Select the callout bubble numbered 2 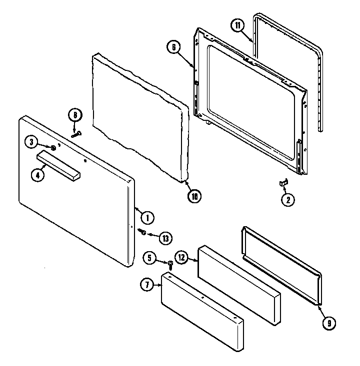(x=287, y=200)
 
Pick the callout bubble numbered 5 (x=149, y=258)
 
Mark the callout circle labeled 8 (x=74, y=116)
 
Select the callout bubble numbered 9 (x=329, y=323)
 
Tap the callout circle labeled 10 (x=194, y=196)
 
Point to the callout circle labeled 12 (x=181, y=258)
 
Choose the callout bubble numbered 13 (x=165, y=238)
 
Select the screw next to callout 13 (x=142, y=232)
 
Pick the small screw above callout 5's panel (x=170, y=263)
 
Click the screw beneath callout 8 (x=76, y=133)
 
